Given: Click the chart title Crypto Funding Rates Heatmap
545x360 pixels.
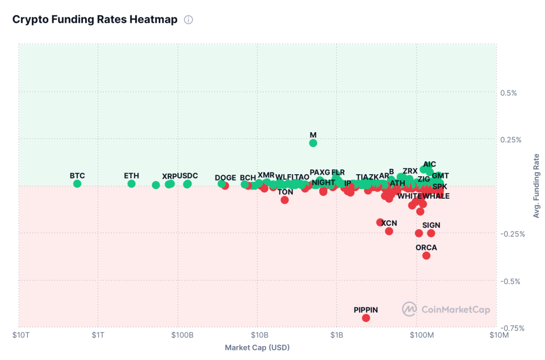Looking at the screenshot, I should [95, 20].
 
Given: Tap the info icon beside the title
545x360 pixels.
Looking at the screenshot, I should [188, 20].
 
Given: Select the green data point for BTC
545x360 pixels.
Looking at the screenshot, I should [77, 184].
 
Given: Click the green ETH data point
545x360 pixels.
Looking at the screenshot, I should [131, 184].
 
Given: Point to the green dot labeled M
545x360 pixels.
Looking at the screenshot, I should [313, 143].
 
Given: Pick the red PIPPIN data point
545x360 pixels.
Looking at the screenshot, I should [366, 318].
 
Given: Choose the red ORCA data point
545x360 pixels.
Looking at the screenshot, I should [426, 256].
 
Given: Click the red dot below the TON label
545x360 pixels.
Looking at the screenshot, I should [285, 200].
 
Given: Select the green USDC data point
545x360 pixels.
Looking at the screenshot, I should [187, 184].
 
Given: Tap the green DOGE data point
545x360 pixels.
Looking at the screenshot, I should [221, 184].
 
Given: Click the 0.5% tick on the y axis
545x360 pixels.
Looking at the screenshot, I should [509, 93].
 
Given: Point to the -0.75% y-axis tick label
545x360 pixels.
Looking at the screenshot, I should [510, 328].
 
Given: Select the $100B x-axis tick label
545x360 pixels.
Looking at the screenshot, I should [178, 335].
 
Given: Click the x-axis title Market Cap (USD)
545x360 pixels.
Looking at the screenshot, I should [257, 348].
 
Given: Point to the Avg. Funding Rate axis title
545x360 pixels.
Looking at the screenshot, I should [536, 186].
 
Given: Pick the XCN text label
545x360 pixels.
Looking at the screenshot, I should [389, 223].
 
